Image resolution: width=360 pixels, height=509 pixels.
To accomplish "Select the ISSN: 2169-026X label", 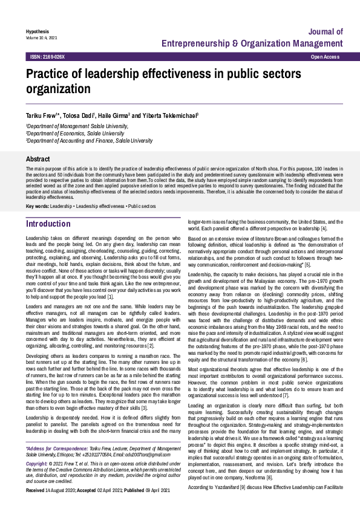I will click(x=47, y=56).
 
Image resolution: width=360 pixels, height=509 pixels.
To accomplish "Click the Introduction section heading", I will click(x=48, y=224).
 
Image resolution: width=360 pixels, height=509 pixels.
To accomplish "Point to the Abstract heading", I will click(x=38, y=158).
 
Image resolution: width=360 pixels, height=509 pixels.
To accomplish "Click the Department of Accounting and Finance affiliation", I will click(x=90, y=140).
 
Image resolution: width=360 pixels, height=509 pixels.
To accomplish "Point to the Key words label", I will click(x=37, y=206).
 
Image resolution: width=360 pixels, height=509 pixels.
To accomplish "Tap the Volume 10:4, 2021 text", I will click(x=41, y=37).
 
